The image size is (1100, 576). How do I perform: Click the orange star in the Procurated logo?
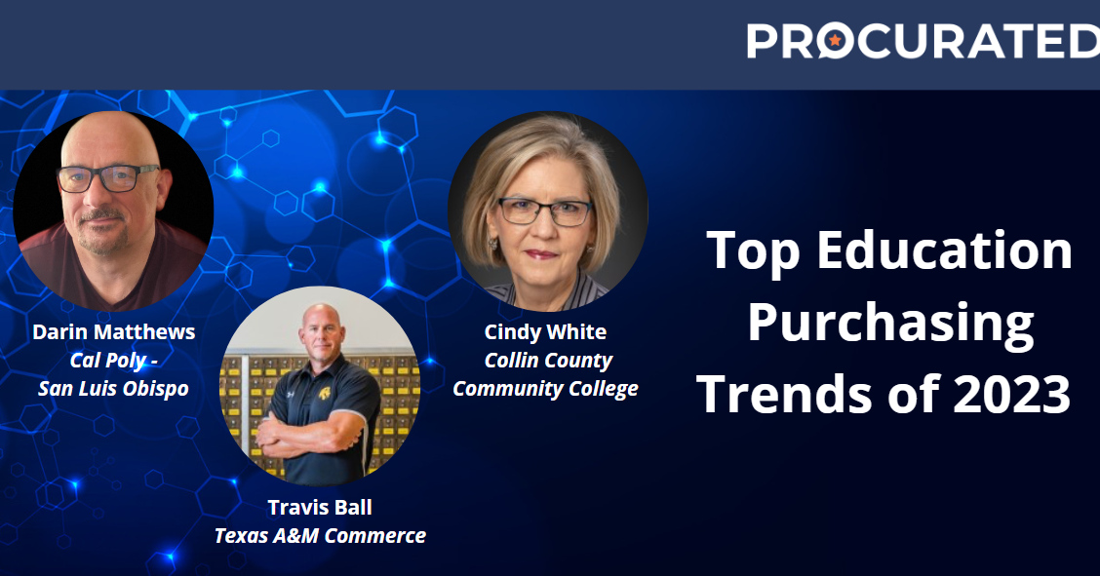coord(835,40)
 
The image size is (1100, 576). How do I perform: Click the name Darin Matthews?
coord(114,331)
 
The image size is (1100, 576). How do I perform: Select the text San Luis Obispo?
coord(113,388)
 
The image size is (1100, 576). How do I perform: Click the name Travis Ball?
coord(320,507)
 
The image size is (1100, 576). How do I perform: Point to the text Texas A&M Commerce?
coord(320,535)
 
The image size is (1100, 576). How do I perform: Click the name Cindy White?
coord(545,331)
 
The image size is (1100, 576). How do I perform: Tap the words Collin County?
coord(548,360)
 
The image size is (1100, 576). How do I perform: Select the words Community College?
coord(546,388)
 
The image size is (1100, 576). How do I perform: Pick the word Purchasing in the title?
coord(890,324)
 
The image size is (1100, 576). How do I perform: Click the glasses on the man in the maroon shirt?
coord(107,178)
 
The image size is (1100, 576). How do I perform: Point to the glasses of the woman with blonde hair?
coord(545,211)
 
